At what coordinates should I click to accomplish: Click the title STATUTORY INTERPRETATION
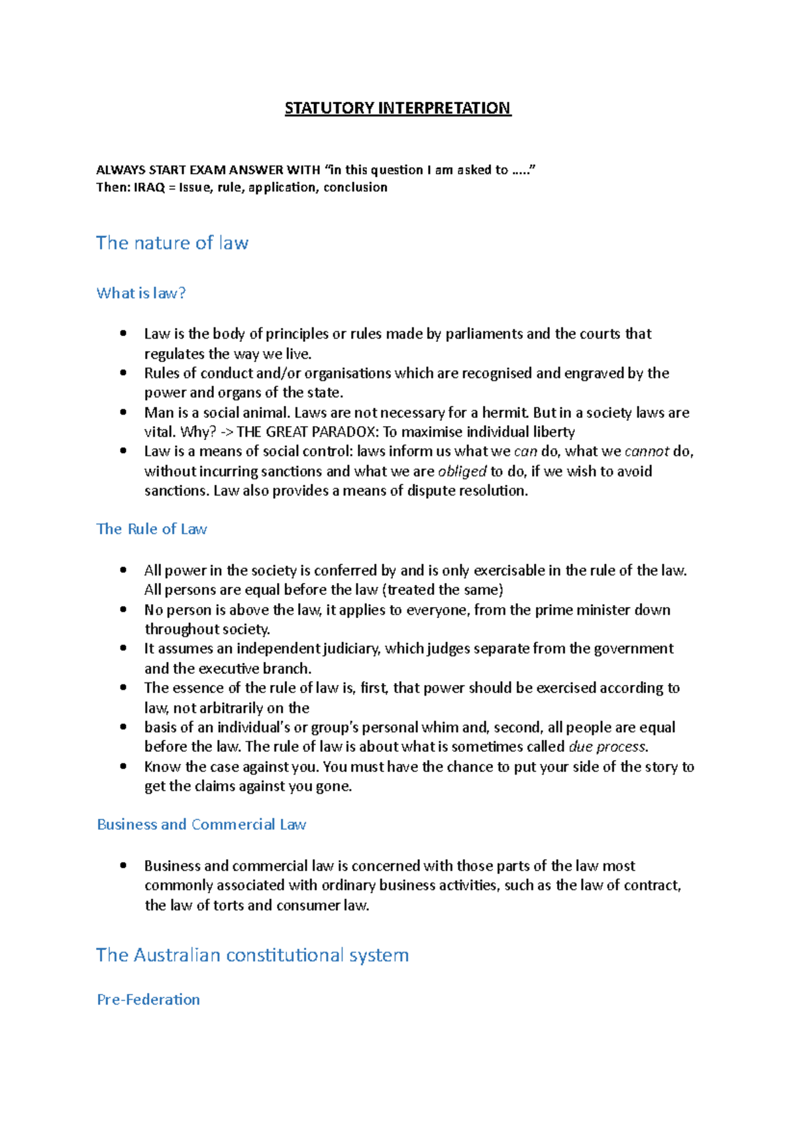(397, 108)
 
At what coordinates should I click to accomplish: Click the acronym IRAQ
(149, 187)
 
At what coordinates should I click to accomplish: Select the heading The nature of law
(172, 243)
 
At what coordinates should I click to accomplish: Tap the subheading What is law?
(140, 293)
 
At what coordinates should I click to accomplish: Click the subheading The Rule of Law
(152, 529)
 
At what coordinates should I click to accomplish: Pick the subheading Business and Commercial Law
(201, 824)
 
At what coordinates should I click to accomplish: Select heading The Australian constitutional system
(252, 955)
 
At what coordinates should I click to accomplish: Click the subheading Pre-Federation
(148, 999)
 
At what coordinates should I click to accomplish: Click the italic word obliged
(462, 471)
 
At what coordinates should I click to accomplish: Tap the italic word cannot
(647, 451)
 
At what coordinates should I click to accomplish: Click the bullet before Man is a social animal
(123, 411)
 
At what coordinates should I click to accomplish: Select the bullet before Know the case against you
(123, 766)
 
